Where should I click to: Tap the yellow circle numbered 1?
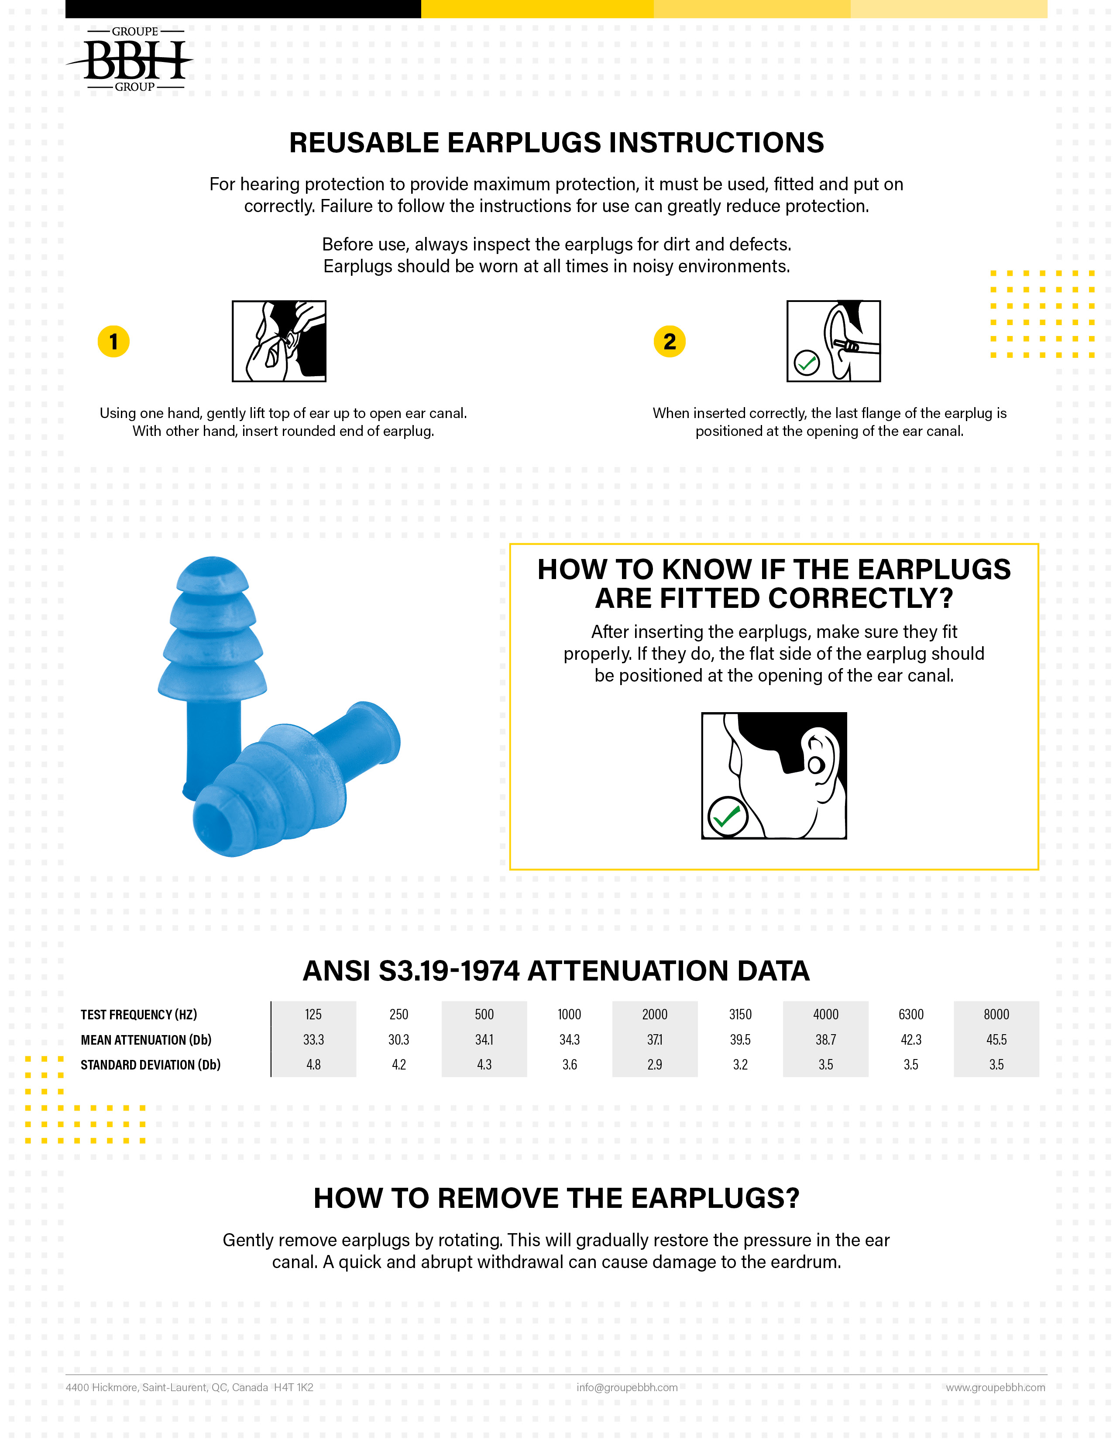pyautogui.click(x=113, y=342)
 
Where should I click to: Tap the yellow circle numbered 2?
pyautogui.click(x=669, y=342)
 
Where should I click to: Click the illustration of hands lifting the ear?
pyautogui.click(x=279, y=341)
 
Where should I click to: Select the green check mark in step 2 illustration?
pyautogui.click(x=807, y=362)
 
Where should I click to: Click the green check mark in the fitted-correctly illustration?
pyautogui.click(x=727, y=816)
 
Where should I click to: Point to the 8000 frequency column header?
pyautogui.click(x=996, y=1014)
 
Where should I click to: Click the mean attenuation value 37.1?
pyautogui.click(x=655, y=1039)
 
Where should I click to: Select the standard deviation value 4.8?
pyautogui.click(x=313, y=1064)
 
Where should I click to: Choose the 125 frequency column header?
pyautogui.click(x=313, y=1014)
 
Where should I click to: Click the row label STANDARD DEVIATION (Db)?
pyautogui.click(x=150, y=1064)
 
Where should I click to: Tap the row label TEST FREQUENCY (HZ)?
pyautogui.click(x=138, y=1014)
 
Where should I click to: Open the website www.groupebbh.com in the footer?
pyautogui.click(x=996, y=1387)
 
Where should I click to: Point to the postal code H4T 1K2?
pyautogui.click(x=293, y=1387)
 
